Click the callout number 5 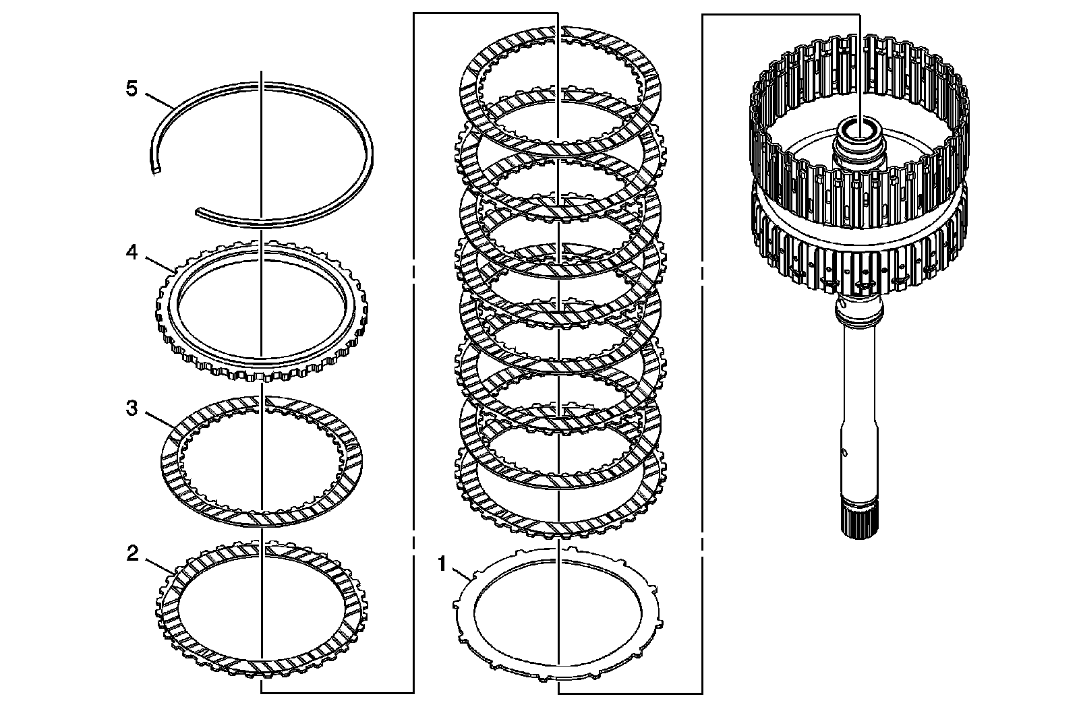(x=132, y=89)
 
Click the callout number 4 (x=132, y=252)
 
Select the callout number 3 (x=132, y=408)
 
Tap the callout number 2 (x=132, y=553)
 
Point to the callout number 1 (x=442, y=563)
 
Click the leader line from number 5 (x=159, y=99)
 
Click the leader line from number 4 (x=159, y=263)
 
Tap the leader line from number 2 (x=159, y=565)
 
